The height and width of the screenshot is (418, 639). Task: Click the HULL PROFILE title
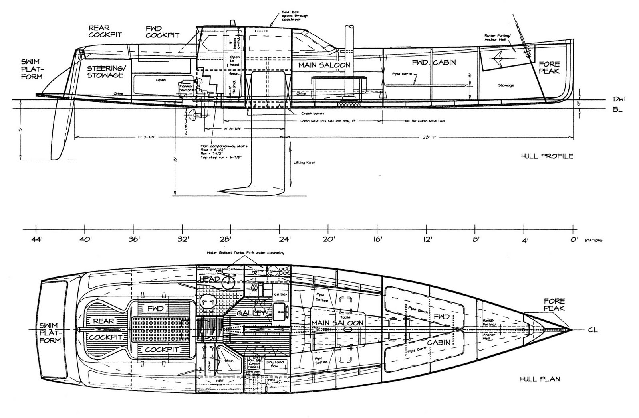click(x=547, y=156)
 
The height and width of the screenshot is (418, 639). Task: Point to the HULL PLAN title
click(x=540, y=379)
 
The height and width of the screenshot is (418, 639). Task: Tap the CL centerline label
click(x=593, y=330)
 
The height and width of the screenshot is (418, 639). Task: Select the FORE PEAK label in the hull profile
click(x=549, y=67)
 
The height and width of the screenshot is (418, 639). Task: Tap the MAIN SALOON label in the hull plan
click(x=337, y=323)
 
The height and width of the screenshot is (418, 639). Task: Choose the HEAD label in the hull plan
click(x=210, y=279)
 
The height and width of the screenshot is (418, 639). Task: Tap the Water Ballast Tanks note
click(x=245, y=253)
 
